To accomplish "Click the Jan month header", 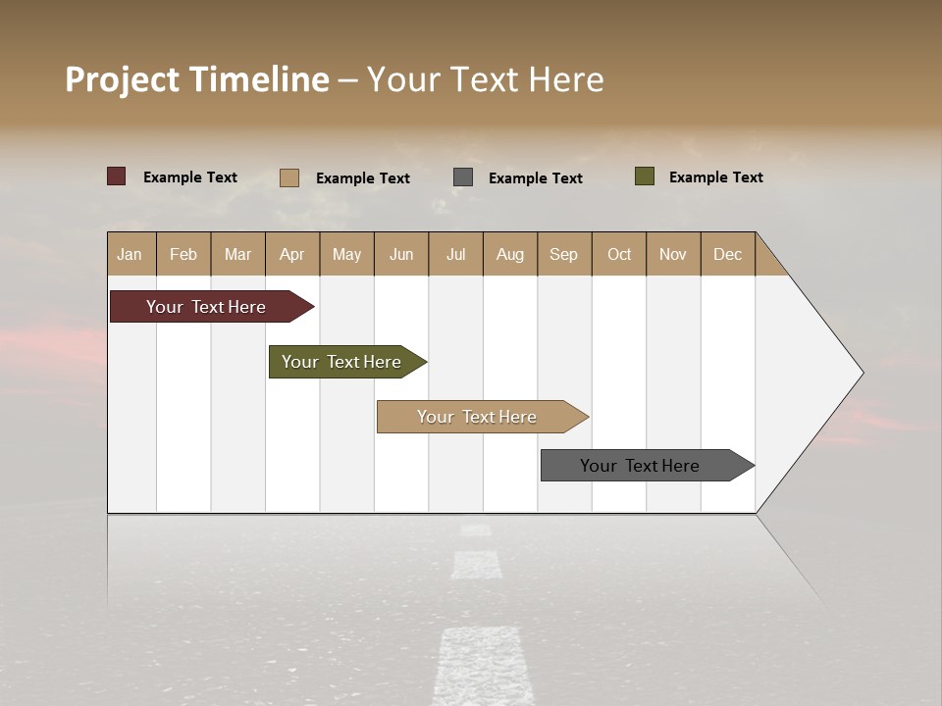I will (x=130, y=254).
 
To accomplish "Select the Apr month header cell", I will (x=291, y=254).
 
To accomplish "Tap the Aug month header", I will (x=509, y=254).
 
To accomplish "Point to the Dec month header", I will (x=727, y=254).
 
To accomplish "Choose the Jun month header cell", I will (x=401, y=254).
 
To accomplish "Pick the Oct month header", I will (x=619, y=254).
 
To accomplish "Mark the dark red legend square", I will (x=116, y=176).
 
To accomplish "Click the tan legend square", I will (x=288, y=177).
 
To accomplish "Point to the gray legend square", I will (x=463, y=177).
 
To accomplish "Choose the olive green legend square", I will (x=644, y=176).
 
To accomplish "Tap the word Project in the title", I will (x=123, y=79).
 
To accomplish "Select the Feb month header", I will (x=183, y=254).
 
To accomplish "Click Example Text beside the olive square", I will (x=715, y=177).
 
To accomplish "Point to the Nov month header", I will (x=673, y=254).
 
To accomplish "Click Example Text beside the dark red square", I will (x=190, y=177).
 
